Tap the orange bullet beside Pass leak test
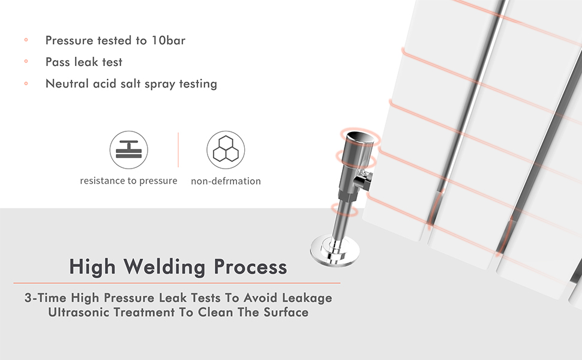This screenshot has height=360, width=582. [26, 62]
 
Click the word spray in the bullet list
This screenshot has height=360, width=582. [158, 84]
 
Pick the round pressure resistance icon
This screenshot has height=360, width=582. [128, 150]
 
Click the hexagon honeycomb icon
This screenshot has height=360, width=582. [226, 150]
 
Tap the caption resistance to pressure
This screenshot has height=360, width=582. [128, 181]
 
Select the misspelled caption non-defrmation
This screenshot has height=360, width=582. [226, 181]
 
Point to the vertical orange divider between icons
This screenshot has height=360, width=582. [178, 150]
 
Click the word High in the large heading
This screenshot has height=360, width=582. [92, 266]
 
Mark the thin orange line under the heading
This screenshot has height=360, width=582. [177, 283]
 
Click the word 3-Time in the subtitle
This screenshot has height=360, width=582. [45, 298]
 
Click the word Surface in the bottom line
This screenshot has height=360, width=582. [286, 312]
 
